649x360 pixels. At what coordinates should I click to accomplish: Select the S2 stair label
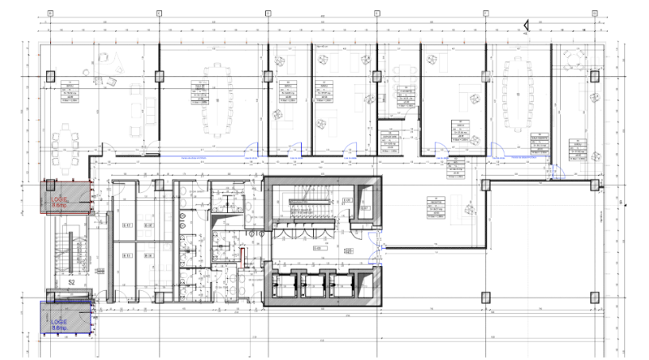[70, 282]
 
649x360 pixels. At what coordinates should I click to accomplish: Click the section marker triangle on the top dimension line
[525, 29]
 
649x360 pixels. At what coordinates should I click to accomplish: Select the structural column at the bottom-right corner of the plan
[593, 296]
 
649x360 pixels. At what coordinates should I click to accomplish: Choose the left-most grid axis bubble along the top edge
[49, 14]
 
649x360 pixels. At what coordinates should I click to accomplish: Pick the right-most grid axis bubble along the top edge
[593, 14]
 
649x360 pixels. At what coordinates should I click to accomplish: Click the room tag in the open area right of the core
[435, 206]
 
